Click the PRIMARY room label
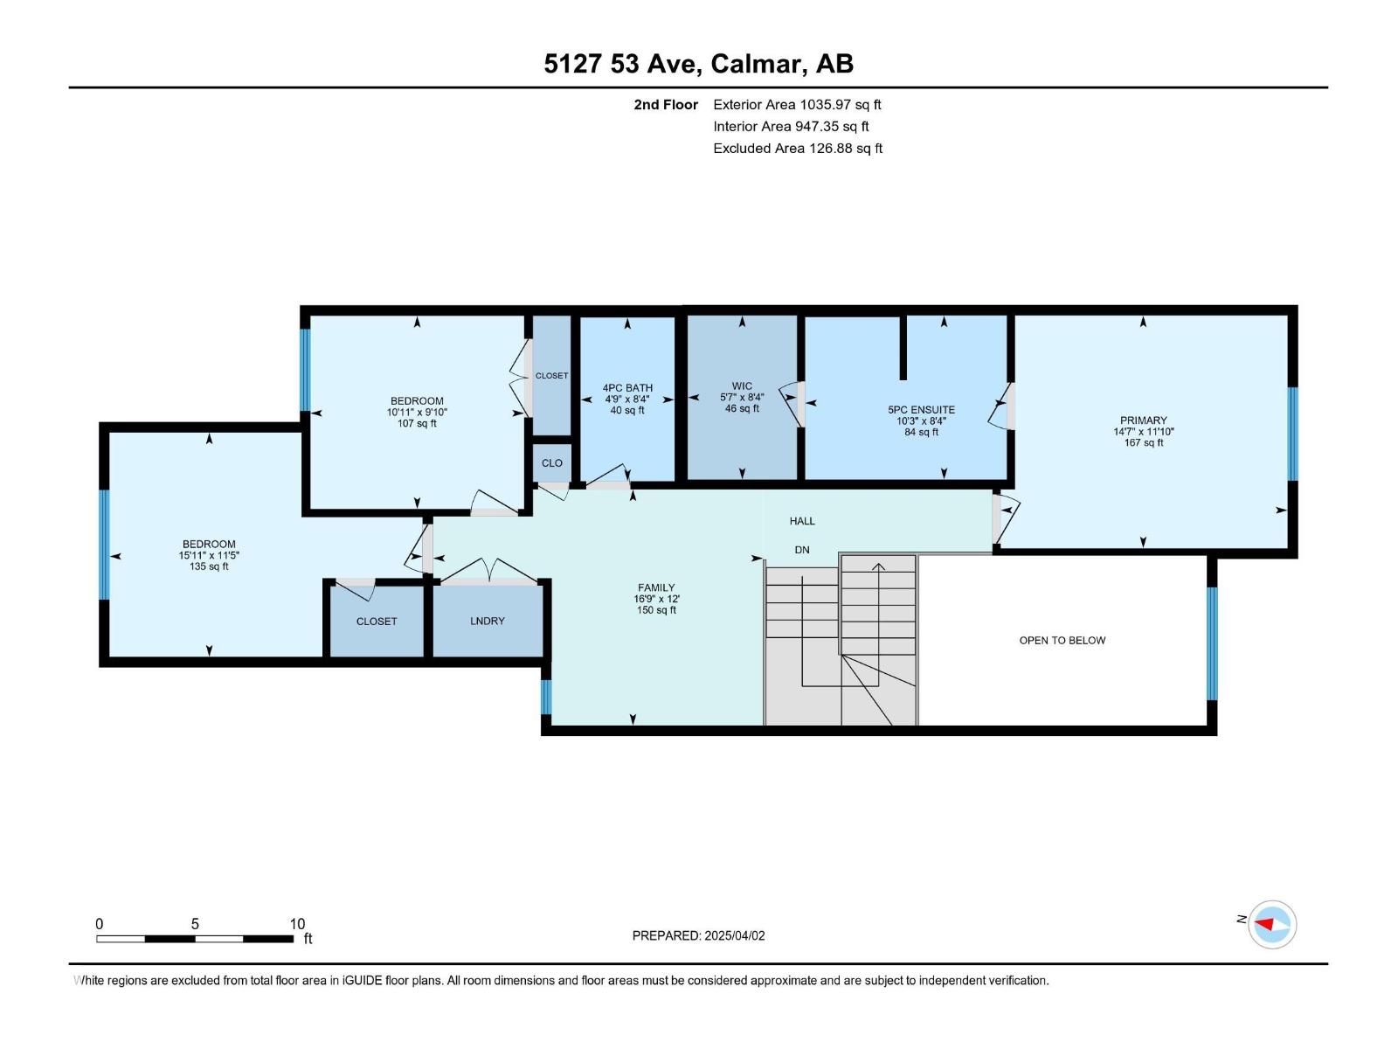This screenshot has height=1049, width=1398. [1143, 420]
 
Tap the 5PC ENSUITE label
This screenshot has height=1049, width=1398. [921, 410]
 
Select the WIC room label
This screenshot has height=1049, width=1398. [742, 386]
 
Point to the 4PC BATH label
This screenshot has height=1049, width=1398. [627, 388]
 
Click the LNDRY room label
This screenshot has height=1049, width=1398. [487, 621]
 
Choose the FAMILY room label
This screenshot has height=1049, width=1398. [655, 588]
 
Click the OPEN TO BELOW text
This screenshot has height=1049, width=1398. [1062, 641]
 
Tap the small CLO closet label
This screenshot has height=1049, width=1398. [551, 463]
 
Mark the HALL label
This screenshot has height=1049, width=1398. [802, 521]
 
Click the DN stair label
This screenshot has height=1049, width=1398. [802, 550]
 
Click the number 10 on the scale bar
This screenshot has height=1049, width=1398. [297, 924]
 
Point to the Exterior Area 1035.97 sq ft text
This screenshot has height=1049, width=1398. [797, 105]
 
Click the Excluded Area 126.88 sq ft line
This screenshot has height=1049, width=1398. [797, 149]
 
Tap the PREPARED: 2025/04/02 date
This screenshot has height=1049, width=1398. [698, 935]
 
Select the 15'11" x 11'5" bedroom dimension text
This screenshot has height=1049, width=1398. [209, 555]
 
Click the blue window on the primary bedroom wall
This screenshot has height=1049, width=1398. [1293, 434]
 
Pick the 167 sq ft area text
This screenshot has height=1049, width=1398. [1143, 443]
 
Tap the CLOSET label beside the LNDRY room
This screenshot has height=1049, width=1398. [377, 622]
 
